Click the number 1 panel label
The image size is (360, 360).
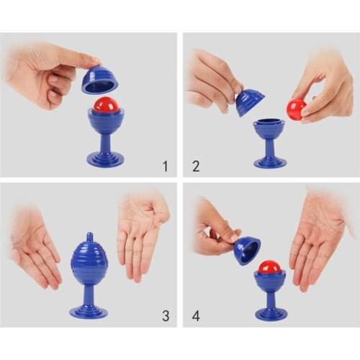tap(165, 166)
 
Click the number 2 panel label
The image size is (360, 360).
tap(196, 166)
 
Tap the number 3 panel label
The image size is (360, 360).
tap(166, 315)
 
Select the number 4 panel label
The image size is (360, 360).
tap(196, 315)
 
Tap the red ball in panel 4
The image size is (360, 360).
tap(270, 267)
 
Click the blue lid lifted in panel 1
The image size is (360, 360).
tap(100, 79)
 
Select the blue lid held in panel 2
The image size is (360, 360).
tap(249, 102)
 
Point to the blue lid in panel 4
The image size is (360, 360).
tap(247, 251)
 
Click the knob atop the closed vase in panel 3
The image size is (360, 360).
tap(89, 236)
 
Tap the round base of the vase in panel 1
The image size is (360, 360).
tap(106, 159)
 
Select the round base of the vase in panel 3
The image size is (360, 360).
tap(89, 311)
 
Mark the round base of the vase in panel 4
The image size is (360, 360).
tap(271, 312)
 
